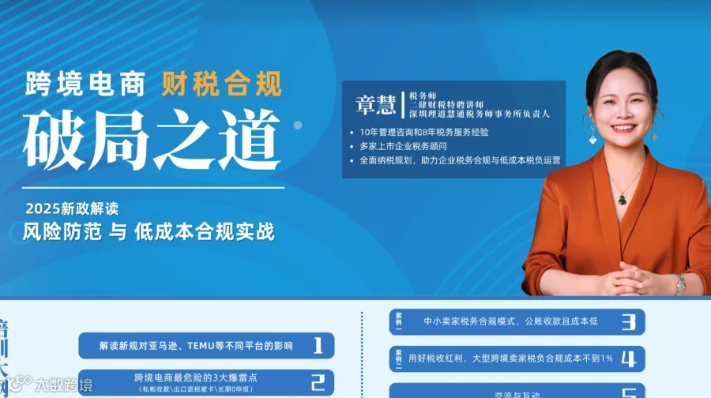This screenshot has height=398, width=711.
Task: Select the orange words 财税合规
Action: pyautogui.click(x=221, y=83)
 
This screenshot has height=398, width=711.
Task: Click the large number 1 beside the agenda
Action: pyautogui.click(x=318, y=345)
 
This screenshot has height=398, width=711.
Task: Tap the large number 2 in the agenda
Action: pyautogui.click(x=318, y=383)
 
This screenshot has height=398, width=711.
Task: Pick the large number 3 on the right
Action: pyautogui.click(x=629, y=322)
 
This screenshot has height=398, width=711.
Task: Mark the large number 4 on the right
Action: pyautogui.click(x=629, y=359)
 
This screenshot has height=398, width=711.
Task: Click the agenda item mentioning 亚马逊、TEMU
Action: pyautogui.click(x=196, y=346)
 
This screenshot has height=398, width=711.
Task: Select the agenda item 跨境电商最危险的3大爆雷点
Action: pyautogui.click(x=197, y=378)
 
